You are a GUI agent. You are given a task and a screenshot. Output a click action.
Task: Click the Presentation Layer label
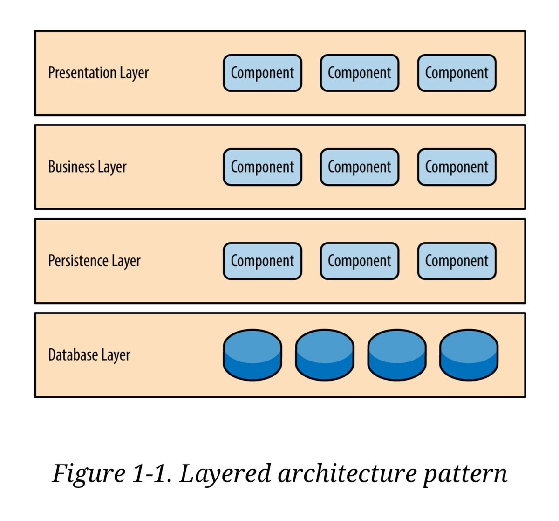(x=98, y=73)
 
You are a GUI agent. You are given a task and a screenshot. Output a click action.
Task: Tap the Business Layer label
(x=87, y=167)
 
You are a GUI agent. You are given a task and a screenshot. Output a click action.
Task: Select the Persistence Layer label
(x=94, y=261)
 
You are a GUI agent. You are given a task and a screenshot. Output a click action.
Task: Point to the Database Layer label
(x=89, y=355)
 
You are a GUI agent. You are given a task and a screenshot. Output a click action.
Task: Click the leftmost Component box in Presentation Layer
(x=262, y=73)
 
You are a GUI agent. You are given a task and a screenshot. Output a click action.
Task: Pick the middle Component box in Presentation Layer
(x=359, y=73)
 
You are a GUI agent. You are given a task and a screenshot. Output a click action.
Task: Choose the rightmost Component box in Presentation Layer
(x=457, y=73)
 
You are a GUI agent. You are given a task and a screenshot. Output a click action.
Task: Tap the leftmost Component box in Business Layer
(x=262, y=167)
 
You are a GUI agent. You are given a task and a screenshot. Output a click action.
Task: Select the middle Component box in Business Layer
(x=359, y=167)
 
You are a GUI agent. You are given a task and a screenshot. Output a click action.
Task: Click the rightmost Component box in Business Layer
(x=457, y=167)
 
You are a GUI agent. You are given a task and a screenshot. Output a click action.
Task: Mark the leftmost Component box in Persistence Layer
(x=262, y=261)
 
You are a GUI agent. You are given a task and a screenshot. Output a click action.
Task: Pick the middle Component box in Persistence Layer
(x=359, y=261)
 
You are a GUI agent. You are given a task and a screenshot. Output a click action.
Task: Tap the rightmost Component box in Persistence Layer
(x=457, y=261)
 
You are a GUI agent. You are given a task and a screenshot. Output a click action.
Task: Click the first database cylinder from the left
(x=252, y=355)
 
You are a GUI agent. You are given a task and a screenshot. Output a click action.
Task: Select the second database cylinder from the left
(x=325, y=355)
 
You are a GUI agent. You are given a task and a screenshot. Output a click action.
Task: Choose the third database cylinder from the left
(x=397, y=355)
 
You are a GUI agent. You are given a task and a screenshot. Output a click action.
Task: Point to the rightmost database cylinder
(x=469, y=355)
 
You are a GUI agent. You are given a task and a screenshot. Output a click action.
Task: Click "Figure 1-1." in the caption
(x=112, y=473)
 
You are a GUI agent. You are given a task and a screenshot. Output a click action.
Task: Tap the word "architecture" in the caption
(x=347, y=473)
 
